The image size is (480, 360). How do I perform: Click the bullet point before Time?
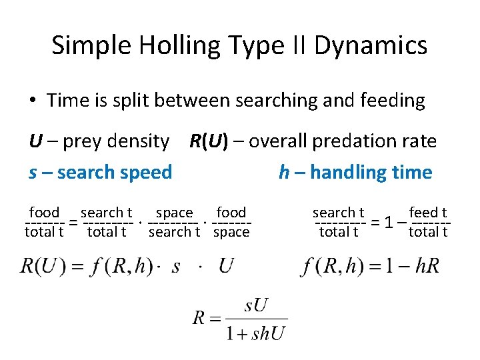pyautogui.click(x=33, y=101)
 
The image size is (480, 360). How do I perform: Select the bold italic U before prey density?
pyautogui.click(x=35, y=141)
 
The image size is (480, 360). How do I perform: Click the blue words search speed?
pyautogui.click(x=115, y=173)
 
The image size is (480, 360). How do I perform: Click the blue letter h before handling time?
pyautogui.click(x=284, y=173)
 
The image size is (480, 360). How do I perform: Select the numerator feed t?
pyautogui.click(x=428, y=213)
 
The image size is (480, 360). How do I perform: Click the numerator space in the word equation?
pyautogui.click(x=175, y=213)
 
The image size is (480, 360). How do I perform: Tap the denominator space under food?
pyautogui.click(x=231, y=232)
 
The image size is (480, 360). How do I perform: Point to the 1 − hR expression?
pyautogui.click(x=414, y=267)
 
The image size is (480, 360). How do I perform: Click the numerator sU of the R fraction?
pyautogui.click(x=256, y=307)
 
